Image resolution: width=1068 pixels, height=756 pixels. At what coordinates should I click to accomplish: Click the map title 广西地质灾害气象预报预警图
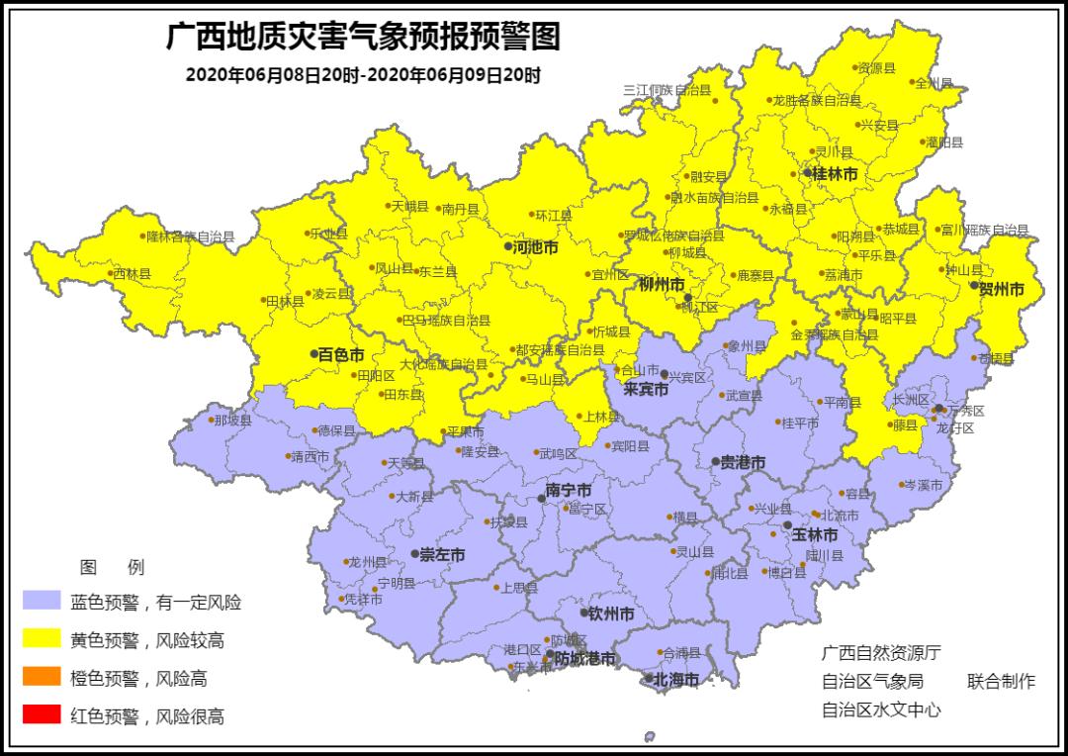[363, 37]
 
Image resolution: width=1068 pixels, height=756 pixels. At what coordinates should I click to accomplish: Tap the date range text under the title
[363, 75]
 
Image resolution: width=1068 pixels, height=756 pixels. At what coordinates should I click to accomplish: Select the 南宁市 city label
[569, 491]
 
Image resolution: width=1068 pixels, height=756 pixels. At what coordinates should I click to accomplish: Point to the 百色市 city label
[341, 353]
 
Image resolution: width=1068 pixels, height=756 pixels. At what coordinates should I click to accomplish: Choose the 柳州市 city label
[662, 285]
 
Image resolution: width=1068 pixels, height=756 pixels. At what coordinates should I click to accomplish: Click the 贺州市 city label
[1001, 289]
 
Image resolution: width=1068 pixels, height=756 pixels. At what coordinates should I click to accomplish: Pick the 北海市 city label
[675, 680]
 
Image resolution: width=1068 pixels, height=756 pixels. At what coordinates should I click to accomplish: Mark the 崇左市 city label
[442, 555]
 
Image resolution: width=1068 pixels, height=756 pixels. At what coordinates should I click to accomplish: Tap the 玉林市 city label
[815, 534]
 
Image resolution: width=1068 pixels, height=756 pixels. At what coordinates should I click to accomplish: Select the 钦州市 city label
[611, 614]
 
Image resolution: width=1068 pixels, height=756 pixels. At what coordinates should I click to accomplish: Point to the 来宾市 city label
[646, 390]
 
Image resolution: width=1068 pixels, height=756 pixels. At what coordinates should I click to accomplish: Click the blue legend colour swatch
[40, 602]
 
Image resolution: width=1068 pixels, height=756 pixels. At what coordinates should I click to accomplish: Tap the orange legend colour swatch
[40, 678]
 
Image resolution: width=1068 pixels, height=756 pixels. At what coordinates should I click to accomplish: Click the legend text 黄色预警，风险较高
[146, 640]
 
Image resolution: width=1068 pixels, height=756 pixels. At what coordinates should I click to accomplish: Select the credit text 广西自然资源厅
[881, 653]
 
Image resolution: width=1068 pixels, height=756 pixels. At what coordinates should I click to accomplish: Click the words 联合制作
[1001, 681]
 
